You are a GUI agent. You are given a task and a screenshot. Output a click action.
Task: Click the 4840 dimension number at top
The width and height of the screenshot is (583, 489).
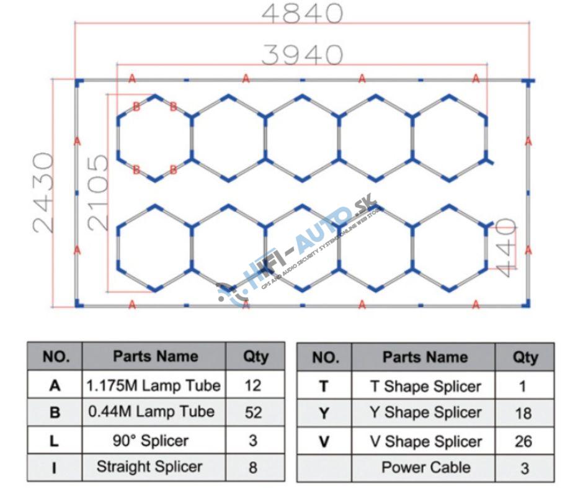[x=302, y=13]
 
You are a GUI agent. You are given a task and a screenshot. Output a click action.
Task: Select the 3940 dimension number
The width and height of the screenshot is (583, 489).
[x=302, y=55]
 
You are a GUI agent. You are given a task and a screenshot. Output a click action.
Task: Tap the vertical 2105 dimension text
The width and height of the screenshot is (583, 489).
[x=98, y=193]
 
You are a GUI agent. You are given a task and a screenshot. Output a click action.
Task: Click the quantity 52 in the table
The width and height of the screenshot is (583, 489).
[x=254, y=412]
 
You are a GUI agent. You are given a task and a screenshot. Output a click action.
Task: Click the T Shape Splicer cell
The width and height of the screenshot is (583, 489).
[x=425, y=387]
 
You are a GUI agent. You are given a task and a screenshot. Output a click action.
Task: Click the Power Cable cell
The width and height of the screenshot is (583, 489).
[x=425, y=467]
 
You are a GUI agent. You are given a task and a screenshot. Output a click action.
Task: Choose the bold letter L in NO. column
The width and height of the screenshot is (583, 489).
[x=55, y=441]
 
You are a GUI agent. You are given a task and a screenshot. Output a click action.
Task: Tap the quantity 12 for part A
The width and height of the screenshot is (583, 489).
[x=253, y=385]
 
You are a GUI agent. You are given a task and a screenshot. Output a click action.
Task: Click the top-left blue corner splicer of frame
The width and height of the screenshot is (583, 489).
[x=78, y=81]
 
